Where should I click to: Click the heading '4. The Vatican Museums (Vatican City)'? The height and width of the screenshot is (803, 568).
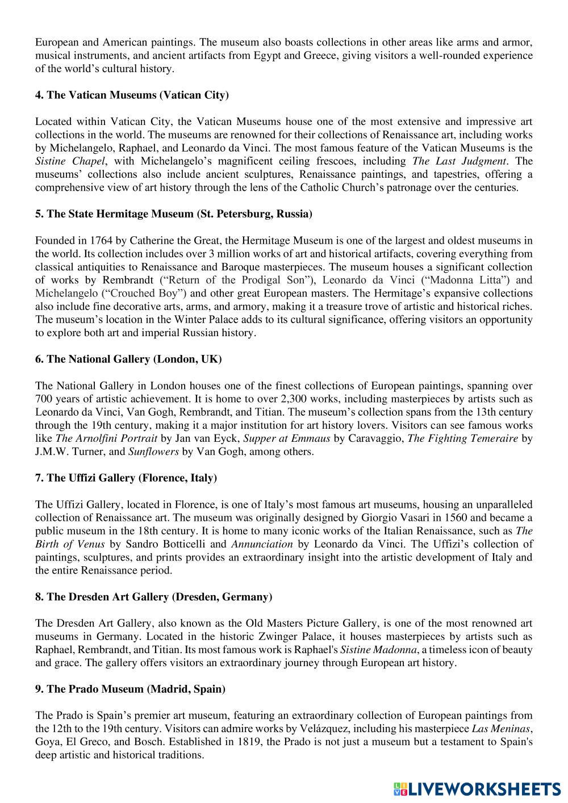pos(132,95)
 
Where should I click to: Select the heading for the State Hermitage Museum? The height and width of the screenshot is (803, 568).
pos(173,214)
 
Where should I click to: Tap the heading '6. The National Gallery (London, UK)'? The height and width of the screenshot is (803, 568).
pos(128,359)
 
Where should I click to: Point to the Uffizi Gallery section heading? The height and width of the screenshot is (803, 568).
pos(126,478)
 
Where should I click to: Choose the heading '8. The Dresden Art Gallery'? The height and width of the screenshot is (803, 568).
pos(153,597)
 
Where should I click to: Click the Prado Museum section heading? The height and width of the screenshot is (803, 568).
pos(130,689)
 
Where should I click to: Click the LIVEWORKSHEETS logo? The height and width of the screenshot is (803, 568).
pos(477,788)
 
